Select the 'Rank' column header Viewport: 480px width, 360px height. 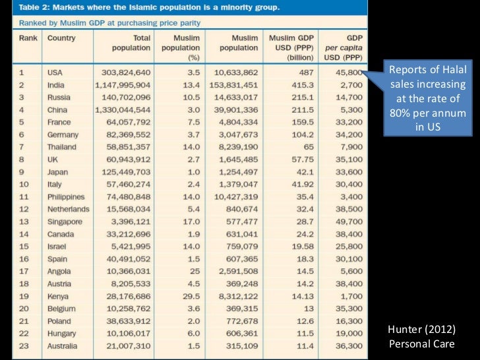28,38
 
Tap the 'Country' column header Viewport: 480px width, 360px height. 61,38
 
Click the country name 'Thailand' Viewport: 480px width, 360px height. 62,147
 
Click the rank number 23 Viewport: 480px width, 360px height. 24,346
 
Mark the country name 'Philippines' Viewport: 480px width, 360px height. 66,196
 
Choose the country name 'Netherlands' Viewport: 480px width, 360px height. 68,209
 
